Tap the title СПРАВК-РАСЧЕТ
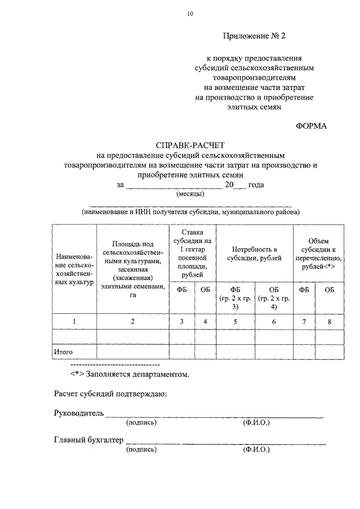[191, 145]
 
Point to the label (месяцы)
[191, 193]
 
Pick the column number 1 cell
[74, 321]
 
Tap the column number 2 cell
[133, 321]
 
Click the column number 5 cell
[235, 321]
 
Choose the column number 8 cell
[329, 321]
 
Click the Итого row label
[63, 352]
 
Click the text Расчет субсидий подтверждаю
[110, 394]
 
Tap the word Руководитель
[79, 413]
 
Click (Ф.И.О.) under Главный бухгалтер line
[256, 449]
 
